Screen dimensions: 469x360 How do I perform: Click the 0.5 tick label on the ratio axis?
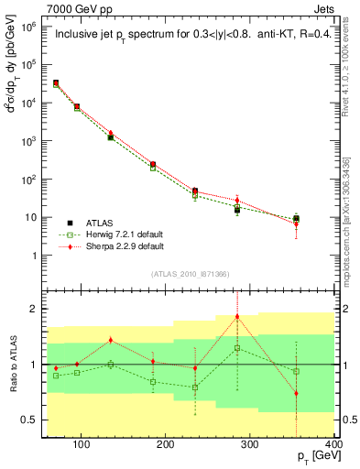point(31,420)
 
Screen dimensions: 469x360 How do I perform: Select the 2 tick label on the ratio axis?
point(35,309)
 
